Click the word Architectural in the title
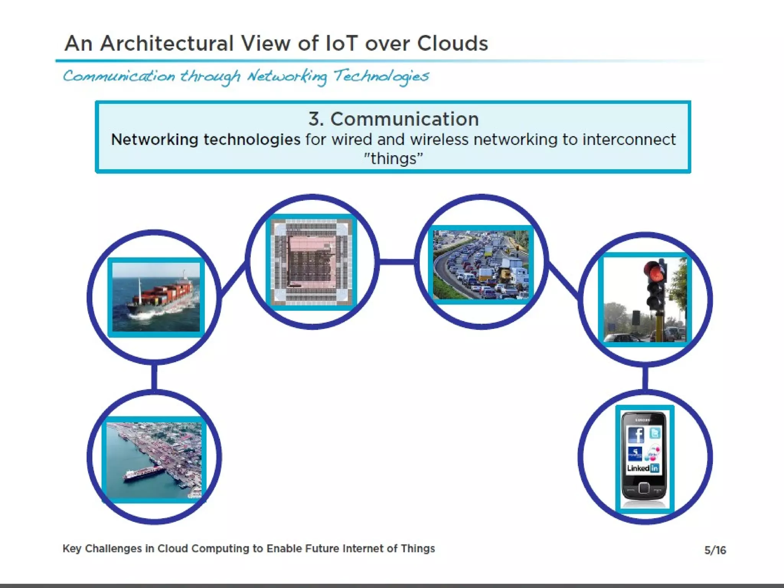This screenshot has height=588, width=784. pos(167,43)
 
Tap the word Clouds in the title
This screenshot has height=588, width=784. pos(452,43)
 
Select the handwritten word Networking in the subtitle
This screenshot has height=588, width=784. pos(287,77)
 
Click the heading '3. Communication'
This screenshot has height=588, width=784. pos(394,119)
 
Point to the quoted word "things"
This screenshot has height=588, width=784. pos(394,158)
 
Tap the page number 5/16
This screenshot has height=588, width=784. pos(715,550)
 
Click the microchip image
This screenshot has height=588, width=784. pos(312,262)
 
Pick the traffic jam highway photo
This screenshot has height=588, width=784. pos(481,265)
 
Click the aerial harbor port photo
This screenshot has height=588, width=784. pos(154,459)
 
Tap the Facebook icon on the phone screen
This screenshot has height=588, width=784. pos(636,435)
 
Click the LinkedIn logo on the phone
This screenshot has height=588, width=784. pos(643,468)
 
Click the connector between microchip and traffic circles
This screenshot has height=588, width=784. pos(397,262)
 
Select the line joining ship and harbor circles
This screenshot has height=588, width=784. pos(154,377)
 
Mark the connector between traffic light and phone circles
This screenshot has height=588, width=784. pos(645,378)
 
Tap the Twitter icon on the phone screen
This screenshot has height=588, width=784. pos(655,433)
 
